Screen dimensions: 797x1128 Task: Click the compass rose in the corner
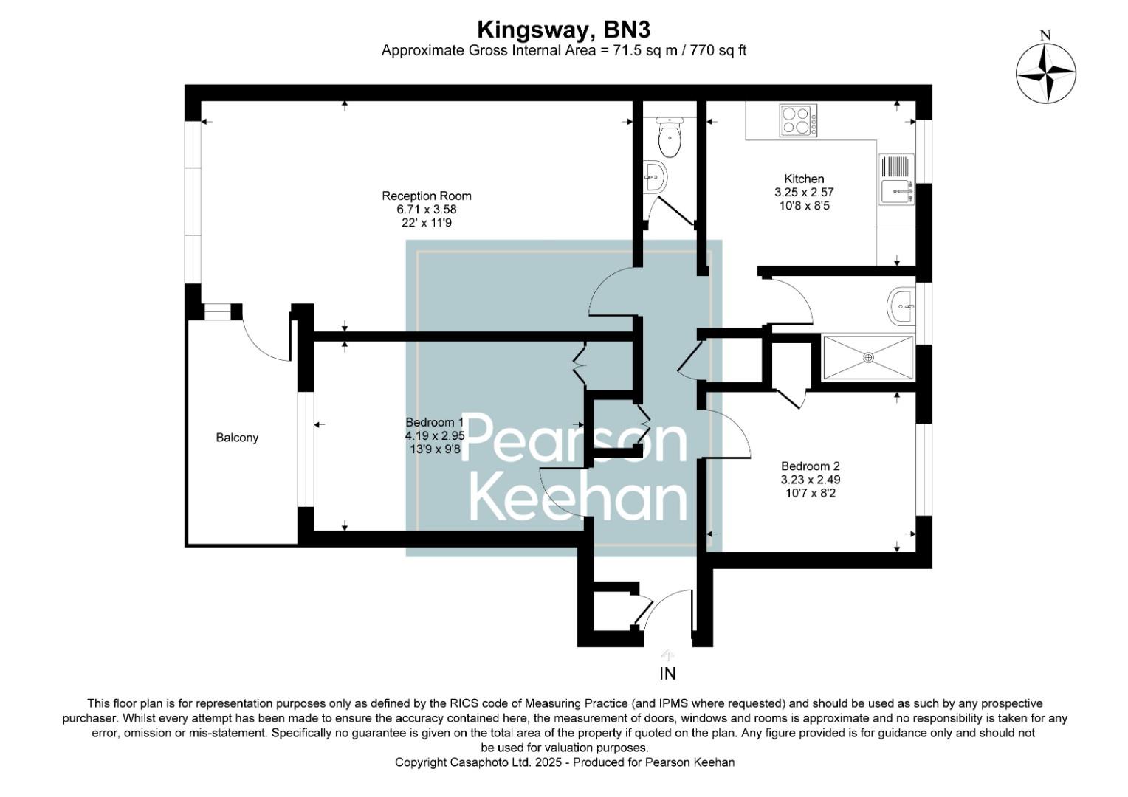1045,73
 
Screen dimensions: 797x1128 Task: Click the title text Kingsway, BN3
563,30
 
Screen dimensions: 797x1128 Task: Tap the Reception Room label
426,196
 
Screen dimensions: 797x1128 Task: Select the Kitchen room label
804,179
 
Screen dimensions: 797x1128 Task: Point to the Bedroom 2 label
810,466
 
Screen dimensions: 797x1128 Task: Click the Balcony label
237,438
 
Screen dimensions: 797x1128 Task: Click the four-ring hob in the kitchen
798,121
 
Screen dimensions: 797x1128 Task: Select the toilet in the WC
670,138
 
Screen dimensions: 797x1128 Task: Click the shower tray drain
868,358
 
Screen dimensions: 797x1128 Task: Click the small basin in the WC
654,176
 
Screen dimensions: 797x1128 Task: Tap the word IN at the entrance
667,674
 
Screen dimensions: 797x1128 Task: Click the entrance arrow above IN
668,655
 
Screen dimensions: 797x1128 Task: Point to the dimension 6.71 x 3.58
426,209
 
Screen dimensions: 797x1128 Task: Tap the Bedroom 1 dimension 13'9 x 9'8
435,449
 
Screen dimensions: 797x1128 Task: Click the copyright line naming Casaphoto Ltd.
564,762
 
